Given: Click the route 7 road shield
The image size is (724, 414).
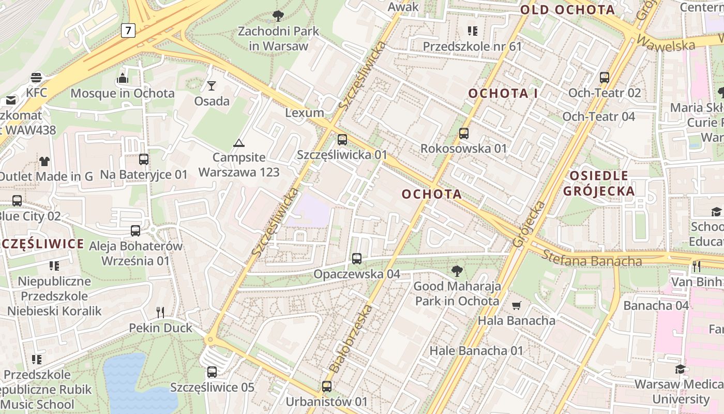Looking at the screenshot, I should [128, 31].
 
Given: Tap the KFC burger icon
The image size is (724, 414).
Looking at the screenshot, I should [36, 78].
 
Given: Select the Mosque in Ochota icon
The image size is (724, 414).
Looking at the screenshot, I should [123, 78].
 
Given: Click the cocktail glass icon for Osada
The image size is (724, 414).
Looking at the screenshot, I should [212, 85].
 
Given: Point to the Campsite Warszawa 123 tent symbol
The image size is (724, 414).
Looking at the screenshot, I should [238, 143].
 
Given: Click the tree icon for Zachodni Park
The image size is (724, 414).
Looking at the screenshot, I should [278, 16].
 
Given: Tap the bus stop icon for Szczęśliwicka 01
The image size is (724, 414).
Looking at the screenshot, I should [342, 139].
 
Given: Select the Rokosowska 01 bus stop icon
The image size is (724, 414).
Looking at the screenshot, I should [464, 134].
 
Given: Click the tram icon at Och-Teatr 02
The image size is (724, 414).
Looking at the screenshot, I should [604, 78].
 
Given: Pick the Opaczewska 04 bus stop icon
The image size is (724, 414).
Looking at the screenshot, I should [357, 259].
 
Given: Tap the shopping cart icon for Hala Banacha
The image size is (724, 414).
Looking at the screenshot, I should [516, 305].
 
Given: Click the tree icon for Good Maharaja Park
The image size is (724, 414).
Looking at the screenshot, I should [457, 271].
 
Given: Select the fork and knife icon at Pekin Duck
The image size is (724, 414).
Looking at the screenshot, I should [160, 312].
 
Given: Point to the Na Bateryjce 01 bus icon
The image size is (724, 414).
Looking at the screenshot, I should [144, 159].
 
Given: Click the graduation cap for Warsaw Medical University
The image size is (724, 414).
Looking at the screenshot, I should [680, 369].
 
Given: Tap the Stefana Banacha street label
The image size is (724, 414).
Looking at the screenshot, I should [592, 258].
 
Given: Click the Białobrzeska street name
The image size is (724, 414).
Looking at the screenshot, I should [351, 339].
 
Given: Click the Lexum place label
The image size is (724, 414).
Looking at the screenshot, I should [305, 113].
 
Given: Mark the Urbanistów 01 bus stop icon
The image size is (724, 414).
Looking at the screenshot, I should [326, 386].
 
